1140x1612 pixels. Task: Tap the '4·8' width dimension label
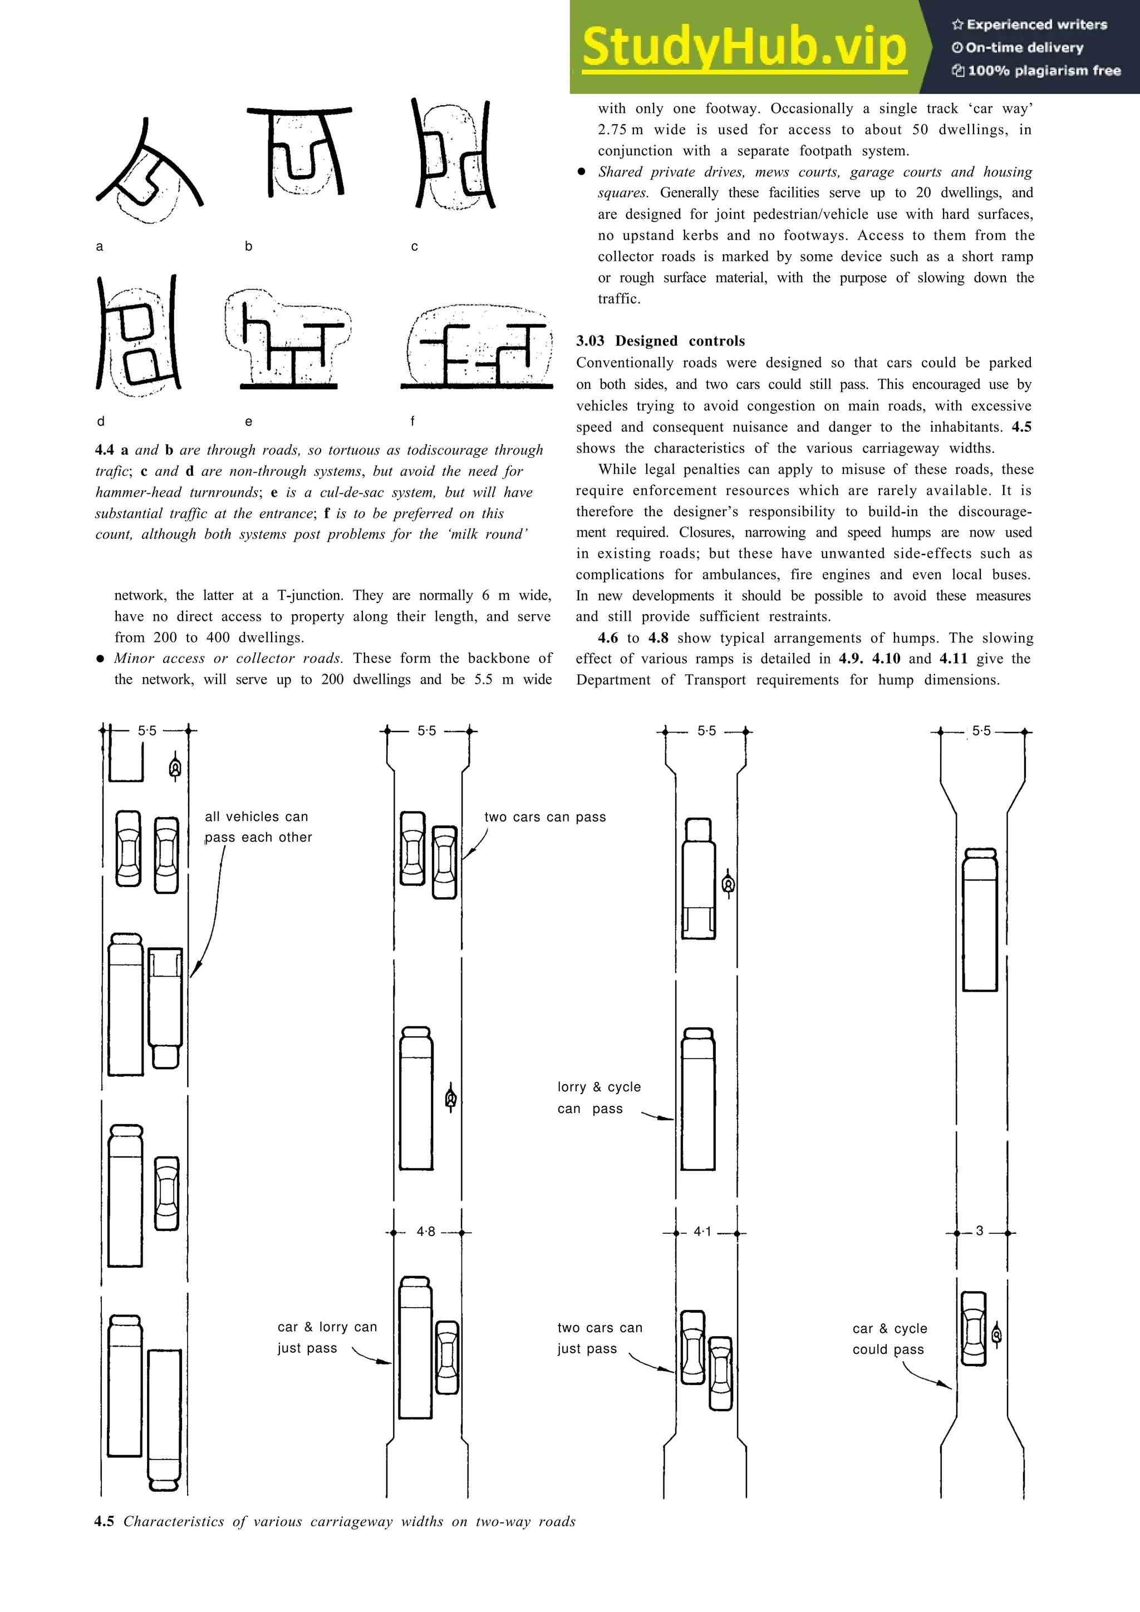426,1232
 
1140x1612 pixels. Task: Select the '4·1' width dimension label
702,1232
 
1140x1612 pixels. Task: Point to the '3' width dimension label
979,1231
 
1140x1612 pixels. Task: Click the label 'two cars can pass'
544,817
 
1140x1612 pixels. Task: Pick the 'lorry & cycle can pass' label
598,1097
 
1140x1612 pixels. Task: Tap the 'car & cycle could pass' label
890,1338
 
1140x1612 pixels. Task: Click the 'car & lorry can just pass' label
327,1337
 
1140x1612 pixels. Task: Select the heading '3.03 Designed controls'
660,340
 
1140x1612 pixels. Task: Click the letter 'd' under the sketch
100,421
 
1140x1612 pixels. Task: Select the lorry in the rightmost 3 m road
980,919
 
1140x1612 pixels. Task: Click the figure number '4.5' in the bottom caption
104,1521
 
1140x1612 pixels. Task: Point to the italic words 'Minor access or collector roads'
228,658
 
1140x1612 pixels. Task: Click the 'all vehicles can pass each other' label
258,827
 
